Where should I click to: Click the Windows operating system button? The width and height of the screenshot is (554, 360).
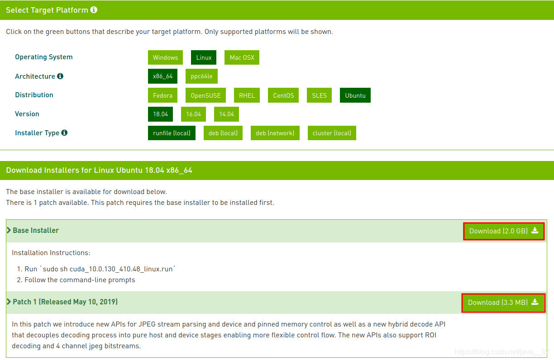pyautogui.click(x=165, y=57)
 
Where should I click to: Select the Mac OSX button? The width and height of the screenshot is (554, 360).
pyautogui.click(x=242, y=57)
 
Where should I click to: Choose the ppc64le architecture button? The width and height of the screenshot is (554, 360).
pyautogui.click(x=201, y=76)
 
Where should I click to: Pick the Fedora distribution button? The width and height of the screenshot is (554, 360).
pyautogui.click(x=162, y=95)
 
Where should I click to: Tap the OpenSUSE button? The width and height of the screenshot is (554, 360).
pyautogui.click(x=205, y=95)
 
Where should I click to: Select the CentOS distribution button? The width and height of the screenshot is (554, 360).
pyautogui.click(x=283, y=95)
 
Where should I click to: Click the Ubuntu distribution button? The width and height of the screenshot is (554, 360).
pyautogui.click(x=355, y=95)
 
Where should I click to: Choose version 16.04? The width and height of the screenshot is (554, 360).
pyautogui.click(x=193, y=114)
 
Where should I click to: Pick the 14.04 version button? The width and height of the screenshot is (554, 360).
pyautogui.click(x=226, y=114)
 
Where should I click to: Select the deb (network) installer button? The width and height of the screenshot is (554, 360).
pyautogui.click(x=275, y=133)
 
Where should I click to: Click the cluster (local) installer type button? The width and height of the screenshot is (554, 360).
pyautogui.click(x=332, y=133)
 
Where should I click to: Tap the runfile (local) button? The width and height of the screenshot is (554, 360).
pyautogui.click(x=172, y=133)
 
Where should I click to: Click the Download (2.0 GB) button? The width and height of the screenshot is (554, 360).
pyautogui.click(x=503, y=231)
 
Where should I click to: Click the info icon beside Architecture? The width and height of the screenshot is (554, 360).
pyautogui.click(x=60, y=76)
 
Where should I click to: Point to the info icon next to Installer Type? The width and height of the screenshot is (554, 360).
pyautogui.click(x=64, y=133)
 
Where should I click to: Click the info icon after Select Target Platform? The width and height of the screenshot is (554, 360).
pyautogui.click(x=94, y=10)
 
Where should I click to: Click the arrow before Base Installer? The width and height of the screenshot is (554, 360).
pyautogui.click(x=9, y=230)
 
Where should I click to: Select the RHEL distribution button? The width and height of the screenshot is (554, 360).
pyautogui.click(x=247, y=95)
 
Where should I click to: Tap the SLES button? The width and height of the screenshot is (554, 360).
pyautogui.click(x=319, y=95)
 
